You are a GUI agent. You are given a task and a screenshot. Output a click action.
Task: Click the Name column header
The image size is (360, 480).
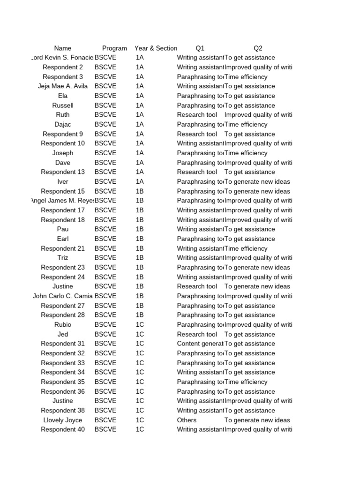coord(63,48)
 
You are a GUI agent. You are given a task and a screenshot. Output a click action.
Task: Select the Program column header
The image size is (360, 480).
coord(114,48)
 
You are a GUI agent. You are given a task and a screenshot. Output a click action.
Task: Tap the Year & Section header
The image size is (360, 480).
coord(156,48)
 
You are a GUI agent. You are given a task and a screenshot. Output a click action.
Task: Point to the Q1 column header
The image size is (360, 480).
coord(200,48)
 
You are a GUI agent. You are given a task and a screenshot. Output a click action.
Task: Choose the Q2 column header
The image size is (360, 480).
coord(258,48)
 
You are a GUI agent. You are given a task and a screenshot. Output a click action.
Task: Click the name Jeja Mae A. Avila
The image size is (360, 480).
coord(63,86)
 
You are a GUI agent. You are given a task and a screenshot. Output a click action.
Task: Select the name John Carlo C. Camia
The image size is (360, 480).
coord(63,296)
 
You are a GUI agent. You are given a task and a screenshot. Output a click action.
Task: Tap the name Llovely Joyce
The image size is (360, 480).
coord(63,420)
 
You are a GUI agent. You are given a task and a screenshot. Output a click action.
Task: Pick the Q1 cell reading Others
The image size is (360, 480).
coord(187,420)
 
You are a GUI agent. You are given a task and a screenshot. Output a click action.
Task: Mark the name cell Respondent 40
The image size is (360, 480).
coord(63,429)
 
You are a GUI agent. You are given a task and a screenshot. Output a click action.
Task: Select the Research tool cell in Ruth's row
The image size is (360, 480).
coord(197,115)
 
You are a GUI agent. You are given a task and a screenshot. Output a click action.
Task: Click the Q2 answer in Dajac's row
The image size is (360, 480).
coord(246,124)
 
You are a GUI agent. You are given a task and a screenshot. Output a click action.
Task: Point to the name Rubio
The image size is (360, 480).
coord(63,324)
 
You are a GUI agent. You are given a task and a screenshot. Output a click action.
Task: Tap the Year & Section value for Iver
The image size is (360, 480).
coord(140,182)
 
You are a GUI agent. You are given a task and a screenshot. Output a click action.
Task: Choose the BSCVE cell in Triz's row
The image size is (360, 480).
coord(105,258)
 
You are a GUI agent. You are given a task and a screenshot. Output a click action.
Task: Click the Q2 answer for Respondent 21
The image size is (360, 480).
coord(246,248)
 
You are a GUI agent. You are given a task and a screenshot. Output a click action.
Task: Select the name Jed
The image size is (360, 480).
coord(63,334)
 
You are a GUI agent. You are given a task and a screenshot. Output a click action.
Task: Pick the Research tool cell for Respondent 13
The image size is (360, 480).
coord(197,172)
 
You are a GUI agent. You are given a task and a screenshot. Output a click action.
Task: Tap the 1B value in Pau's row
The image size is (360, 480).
coord(140,229)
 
